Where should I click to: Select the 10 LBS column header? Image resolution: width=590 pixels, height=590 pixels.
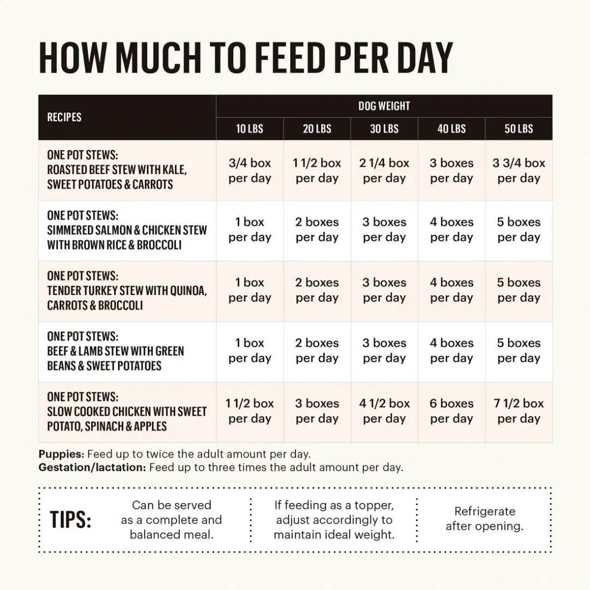250,129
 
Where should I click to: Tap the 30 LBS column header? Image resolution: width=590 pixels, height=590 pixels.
384,129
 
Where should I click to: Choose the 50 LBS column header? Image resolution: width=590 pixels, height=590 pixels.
518,129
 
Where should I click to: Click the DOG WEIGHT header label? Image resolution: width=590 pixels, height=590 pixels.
384,106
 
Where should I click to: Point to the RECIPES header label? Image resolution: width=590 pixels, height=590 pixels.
64,117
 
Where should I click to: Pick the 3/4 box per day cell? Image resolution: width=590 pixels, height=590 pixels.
250,170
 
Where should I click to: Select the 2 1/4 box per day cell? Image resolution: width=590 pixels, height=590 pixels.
384,170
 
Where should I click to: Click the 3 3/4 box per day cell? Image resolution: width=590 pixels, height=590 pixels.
518,170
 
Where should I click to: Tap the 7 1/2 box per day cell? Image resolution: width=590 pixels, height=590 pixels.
518,411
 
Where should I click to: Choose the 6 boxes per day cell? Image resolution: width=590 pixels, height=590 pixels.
451,411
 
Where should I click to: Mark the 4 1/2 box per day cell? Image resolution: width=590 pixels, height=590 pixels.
384,411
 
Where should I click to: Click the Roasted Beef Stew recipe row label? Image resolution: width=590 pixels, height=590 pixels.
117,170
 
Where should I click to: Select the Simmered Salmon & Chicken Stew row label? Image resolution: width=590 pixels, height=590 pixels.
127,230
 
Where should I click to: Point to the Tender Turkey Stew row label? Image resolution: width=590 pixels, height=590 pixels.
127,291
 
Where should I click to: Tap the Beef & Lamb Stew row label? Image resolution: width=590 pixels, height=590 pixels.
115,351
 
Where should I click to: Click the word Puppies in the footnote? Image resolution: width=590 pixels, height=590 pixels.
61,454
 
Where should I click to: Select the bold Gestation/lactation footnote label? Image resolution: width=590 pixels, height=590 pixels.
92,468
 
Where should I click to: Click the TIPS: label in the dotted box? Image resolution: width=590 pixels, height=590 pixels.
70,520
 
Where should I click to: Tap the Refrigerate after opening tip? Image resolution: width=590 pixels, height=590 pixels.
485,519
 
